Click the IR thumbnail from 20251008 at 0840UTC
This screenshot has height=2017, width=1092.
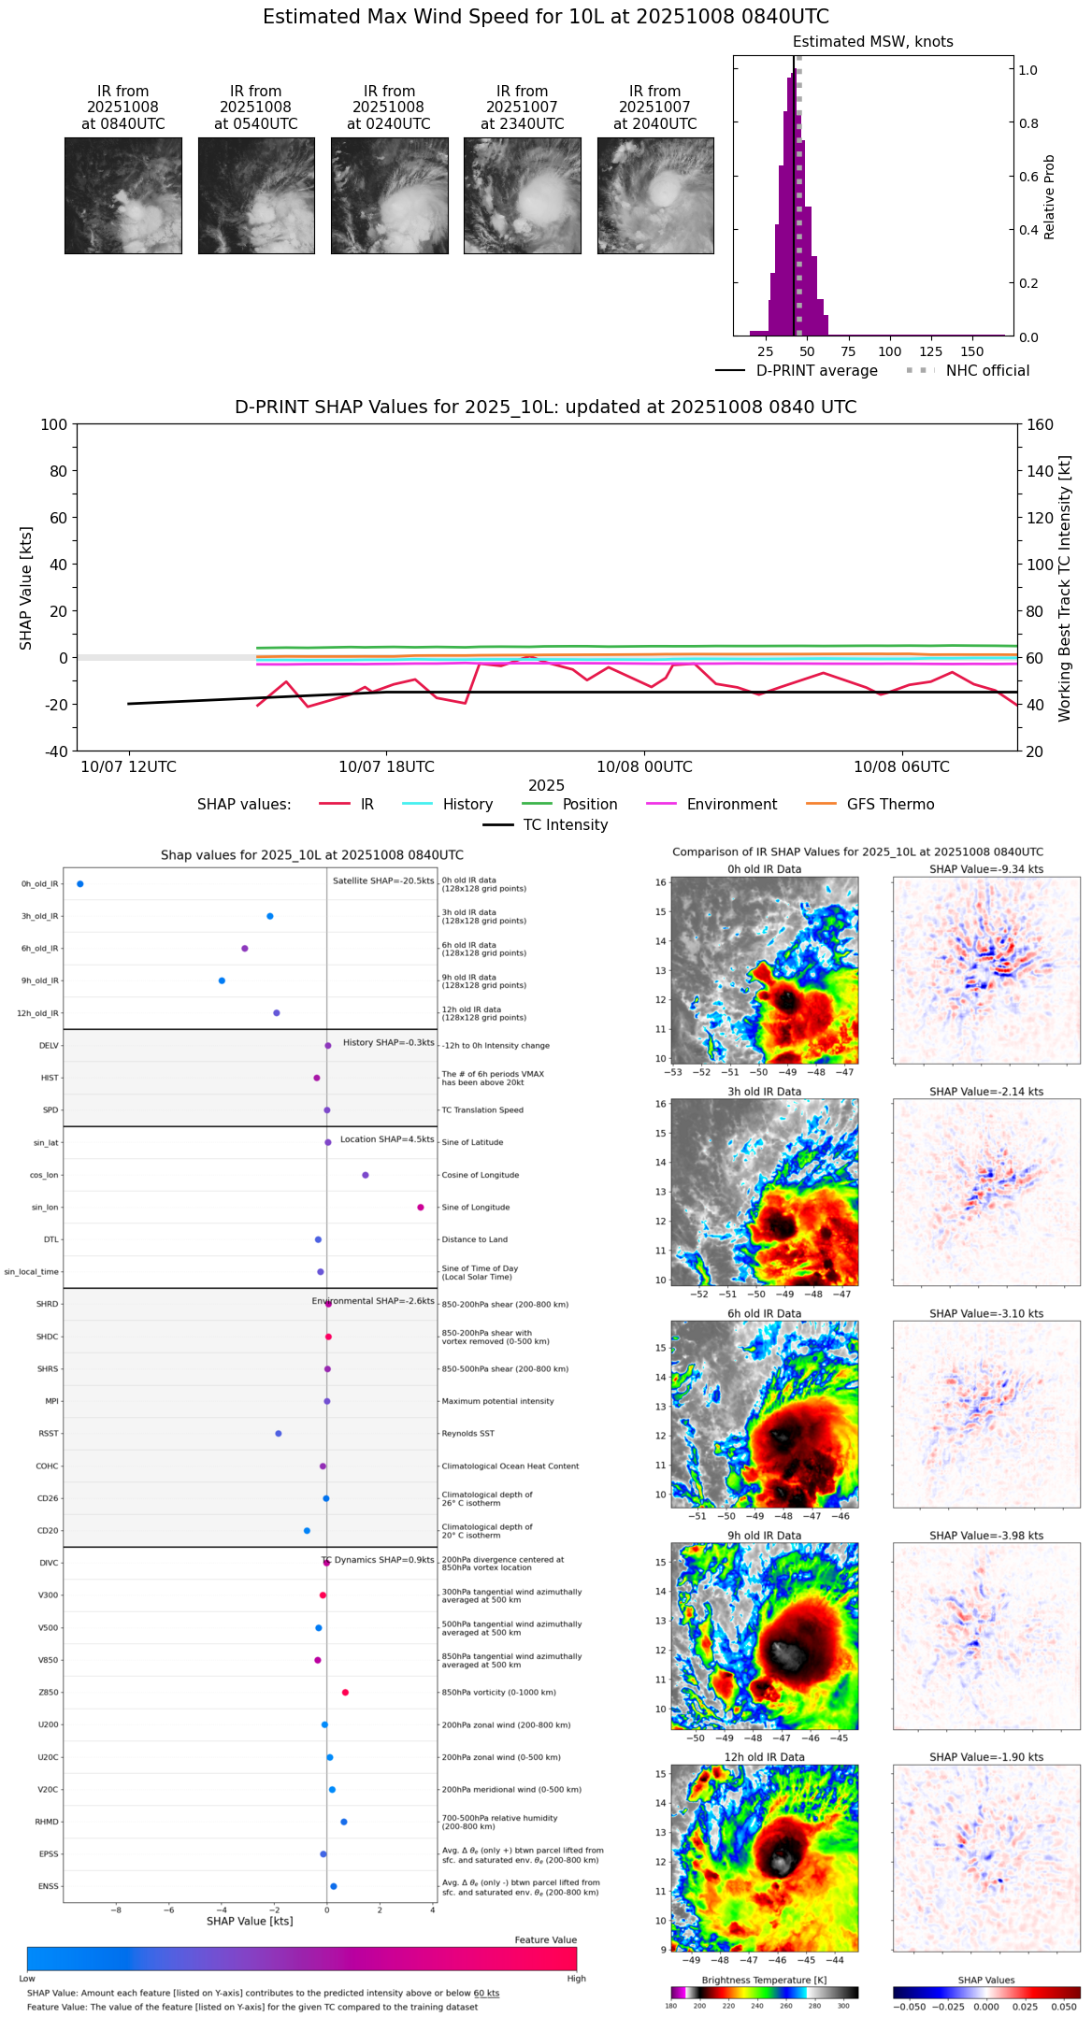(123, 195)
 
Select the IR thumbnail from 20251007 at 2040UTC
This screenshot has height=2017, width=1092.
(655, 195)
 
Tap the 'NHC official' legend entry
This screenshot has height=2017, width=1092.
(986, 371)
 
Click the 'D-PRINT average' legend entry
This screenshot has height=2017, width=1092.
(816, 371)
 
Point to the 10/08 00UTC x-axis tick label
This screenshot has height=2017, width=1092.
(644, 767)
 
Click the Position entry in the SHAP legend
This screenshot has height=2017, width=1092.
(589, 805)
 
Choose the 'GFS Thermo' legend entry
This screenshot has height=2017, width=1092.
(889, 805)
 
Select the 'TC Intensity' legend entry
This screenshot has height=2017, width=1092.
(565, 825)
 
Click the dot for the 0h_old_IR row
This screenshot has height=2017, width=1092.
(80, 884)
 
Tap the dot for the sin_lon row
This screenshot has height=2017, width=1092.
(421, 1208)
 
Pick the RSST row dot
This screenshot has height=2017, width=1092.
(279, 1434)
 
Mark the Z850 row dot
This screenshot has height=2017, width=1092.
(346, 1693)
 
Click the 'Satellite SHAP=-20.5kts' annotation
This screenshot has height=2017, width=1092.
(383, 881)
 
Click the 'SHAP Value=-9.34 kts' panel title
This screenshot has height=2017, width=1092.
(986, 869)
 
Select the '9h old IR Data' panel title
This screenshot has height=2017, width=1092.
(764, 1536)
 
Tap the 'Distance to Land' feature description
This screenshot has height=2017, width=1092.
(474, 1239)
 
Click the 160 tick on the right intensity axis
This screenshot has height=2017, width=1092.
(1040, 424)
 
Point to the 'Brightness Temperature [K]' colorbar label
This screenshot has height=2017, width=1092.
(764, 1981)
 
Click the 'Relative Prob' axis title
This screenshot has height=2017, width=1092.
(1050, 196)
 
